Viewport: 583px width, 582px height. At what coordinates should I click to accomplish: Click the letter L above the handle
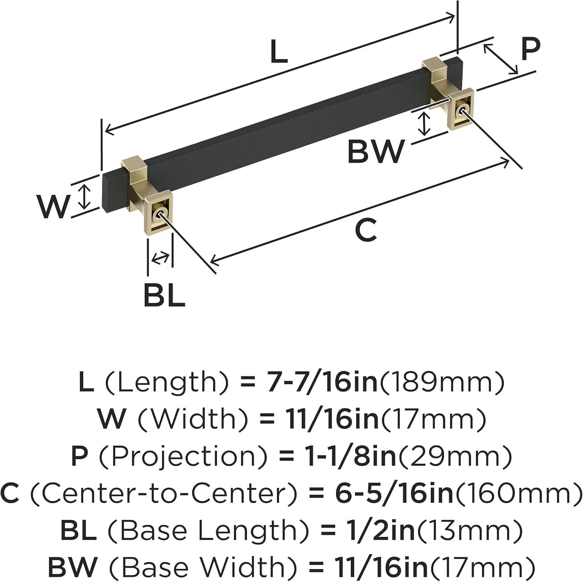pyautogui.click(x=279, y=52)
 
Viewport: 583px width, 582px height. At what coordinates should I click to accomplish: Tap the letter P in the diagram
pyautogui.click(x=530, y=49)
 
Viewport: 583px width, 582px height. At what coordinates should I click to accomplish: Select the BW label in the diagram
pyautogui.click(x=375, y=152)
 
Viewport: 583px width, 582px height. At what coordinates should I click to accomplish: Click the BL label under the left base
pyautogui.click(x=164, y=295)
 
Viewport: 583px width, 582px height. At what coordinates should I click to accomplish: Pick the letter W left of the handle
pyautogui.click(x=53, y=206)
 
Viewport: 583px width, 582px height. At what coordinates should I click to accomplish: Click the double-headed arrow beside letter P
pyautogui.click(x=501, y=59)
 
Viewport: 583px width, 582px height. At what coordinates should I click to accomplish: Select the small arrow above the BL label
pyautogui.click(x=161, y=257)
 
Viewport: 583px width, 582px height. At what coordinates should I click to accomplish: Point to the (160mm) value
pyautogui.click(x=518, y=493)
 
